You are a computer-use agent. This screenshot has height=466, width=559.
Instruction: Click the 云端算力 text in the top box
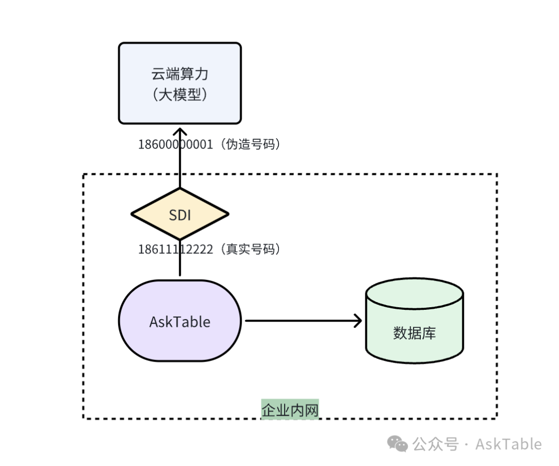[x=180, y=74]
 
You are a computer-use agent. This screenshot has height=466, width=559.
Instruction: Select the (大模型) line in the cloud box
[x=180, y=95]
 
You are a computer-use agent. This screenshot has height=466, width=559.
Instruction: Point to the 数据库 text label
[x=414, y=333]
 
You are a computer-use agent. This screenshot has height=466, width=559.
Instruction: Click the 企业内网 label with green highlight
[x=290, y=410]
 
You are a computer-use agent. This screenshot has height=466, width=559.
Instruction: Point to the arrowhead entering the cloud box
[x=180, y=131]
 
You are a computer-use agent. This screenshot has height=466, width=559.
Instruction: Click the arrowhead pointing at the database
[x=357, y=321]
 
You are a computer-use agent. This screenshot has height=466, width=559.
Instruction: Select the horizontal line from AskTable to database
[x=300, y=321]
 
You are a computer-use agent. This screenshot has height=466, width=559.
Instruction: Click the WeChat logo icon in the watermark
[x=399, y=444]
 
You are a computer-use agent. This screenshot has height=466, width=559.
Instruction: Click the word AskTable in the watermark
[x=508, y=444]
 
